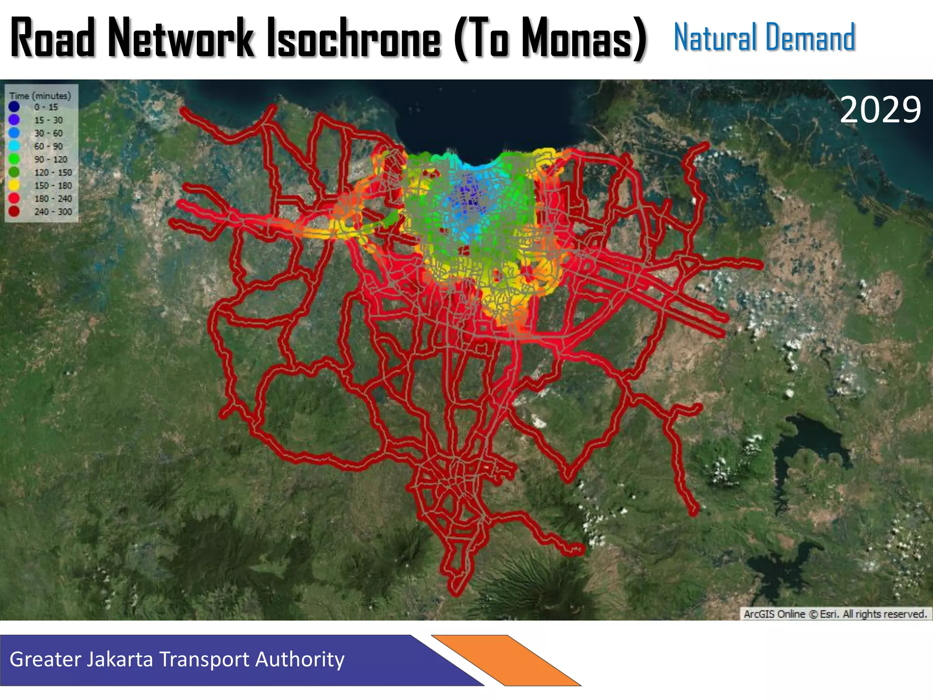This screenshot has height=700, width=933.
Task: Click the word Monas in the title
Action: pos(578,38)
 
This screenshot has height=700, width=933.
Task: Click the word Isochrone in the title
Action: pos(354,38)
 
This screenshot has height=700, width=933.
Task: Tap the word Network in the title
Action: pos(180,38)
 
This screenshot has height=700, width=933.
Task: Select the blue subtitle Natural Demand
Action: pos(764,37)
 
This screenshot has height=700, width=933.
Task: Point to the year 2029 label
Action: pos(880,110)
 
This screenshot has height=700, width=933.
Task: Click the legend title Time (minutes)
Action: pos(40,96)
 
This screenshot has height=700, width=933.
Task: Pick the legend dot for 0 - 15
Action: pos(14,107)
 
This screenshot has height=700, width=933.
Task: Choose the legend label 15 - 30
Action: pos(48,120)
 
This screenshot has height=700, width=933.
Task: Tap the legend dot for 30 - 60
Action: pos(14,133)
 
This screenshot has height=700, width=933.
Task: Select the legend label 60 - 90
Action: pos(48,146)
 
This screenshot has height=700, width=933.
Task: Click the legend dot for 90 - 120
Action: pos(14,160)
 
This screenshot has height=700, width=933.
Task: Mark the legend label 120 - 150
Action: pos(53,173)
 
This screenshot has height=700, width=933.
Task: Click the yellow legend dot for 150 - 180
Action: pos(14,185)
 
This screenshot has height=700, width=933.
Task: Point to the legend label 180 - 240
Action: pos(53,199)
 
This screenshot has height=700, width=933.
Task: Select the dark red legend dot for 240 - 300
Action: pos(14,211)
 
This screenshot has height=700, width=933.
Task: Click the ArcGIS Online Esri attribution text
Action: pos(835,614)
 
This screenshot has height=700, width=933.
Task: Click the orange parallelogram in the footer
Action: pos(506,660)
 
